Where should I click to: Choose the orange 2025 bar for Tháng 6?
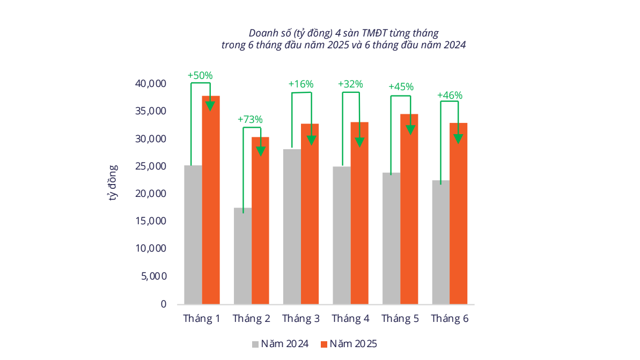pyautogui.click(x=458, y=215)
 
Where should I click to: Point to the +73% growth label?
pyautogui.click(x=250, y=119)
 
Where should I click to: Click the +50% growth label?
pyautogui.click(x=200, y=76)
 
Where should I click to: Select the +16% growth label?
pyautogui.click(x=301, y=84)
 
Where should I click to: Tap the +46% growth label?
pyautogui.click(x=450, y=95)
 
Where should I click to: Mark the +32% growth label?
pyautogui.click(x=350, y=84)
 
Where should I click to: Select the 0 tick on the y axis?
pyautogui.click(x=163, y=304)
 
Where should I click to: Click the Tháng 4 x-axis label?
pyautogui.click(x=350, y=319)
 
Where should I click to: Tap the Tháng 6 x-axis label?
pyautogui.click(x=450, y=319)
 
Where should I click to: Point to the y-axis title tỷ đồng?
pyautogui.click(x=113, y=182)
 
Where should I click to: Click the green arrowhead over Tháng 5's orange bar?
pyautogui.click(x=410, y=129)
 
